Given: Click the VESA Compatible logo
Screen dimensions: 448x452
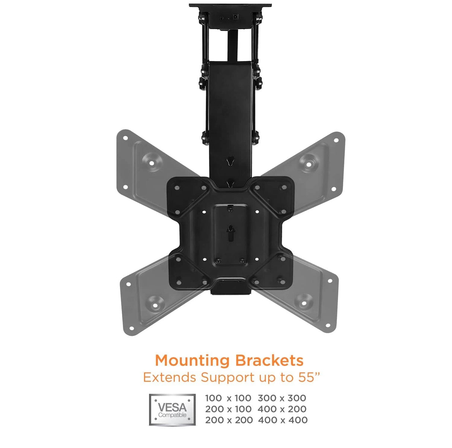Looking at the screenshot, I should click(172, 409).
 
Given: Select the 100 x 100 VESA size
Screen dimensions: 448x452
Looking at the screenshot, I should click(228, 398).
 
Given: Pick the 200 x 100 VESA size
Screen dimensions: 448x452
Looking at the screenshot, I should click(228, 409).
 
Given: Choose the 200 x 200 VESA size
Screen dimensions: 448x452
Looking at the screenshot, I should click(229, 420).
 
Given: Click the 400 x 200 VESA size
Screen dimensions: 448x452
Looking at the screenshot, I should click(282, 409).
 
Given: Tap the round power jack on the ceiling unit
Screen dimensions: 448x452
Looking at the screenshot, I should click(235, 17).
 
